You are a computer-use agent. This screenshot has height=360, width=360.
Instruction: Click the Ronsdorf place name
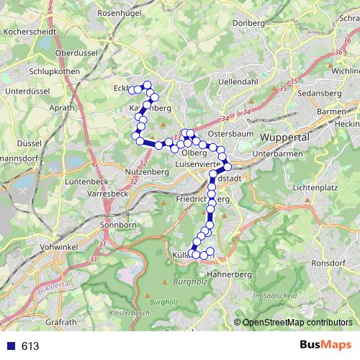click(329, 264)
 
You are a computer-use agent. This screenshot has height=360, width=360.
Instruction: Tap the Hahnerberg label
click(228, 274)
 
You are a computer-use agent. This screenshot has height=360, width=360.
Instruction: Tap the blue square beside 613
click(11, 346)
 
